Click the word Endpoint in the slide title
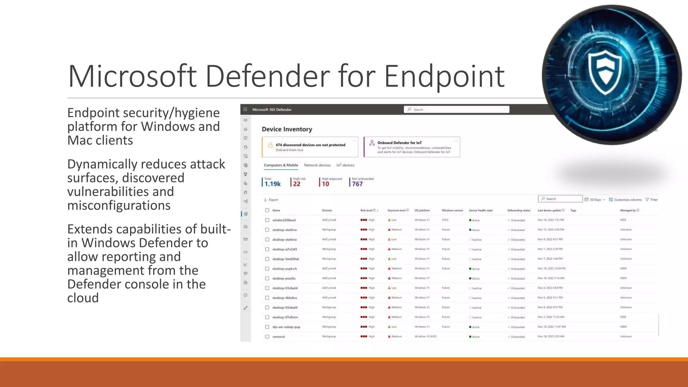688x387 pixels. [x=444, y=77]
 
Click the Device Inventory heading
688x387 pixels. [x=287, y=129]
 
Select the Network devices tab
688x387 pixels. [x=317, y=165]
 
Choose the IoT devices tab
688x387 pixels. [x=345, y=165]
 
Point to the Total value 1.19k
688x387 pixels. [x=272, y=184]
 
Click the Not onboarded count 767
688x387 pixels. [x=357, y=184]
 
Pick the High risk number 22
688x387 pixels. [x=297, y=184]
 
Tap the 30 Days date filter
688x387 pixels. [x=595, y=200]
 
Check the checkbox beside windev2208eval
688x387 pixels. [x=267, y=220]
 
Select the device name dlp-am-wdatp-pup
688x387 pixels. [x=286, y=327]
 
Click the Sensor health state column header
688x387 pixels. [x=480, y=210]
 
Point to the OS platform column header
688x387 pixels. [x=422, y=210]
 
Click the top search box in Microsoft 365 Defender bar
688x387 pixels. [x=456, y=110]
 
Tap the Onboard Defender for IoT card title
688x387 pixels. [x=399, y=143]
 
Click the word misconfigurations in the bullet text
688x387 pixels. [x=119, y=205]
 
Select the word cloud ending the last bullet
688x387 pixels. [x=83, y=298]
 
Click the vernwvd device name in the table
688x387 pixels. [x=278, y=337]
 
